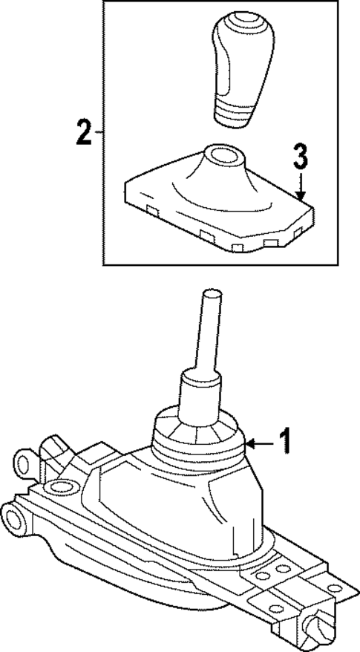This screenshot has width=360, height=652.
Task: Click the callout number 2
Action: click(83, 134)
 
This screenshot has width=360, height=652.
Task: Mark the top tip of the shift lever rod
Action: click(210, 293)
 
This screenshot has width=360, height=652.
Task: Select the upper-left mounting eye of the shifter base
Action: click(23, 464)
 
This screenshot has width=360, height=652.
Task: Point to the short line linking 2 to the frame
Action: click(99, 134)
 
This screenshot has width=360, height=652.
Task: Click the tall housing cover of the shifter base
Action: click(186, 505)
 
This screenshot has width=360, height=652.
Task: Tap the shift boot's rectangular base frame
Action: click(223, 223)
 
